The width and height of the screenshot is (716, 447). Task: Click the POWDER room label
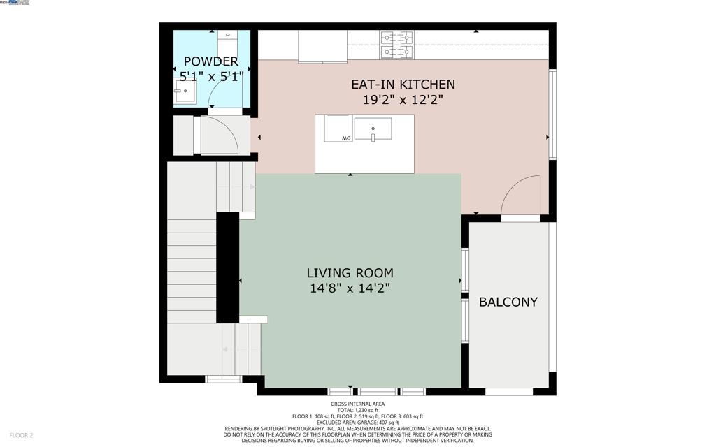pos(210,61)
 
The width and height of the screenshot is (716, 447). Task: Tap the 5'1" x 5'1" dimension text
pos(210,75)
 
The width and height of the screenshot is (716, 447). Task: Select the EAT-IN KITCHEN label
pos(403,85)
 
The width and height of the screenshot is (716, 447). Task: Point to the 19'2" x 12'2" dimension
pos(403,100)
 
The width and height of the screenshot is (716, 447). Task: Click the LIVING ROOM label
pos(350,273)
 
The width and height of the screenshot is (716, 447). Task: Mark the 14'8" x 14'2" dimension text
pos(350,288)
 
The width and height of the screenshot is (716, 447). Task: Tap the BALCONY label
pos(508,302)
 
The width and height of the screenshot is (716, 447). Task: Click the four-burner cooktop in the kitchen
pos(396,44)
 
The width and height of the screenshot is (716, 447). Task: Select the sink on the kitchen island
pos(373,129)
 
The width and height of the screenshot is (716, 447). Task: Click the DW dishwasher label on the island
pos(345,138)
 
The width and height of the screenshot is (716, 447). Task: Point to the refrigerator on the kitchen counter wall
pos(322,46)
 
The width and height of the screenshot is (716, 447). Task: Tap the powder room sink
pos(185,91)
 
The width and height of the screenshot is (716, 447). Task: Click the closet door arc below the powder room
pos(220,135)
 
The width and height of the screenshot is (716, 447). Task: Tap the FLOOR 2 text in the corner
pos(21,435)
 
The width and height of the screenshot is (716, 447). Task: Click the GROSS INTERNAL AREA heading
pos(357,404)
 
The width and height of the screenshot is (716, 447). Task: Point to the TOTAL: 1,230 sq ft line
pos(357,410)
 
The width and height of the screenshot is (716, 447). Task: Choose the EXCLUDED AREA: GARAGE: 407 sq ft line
pos(357,422)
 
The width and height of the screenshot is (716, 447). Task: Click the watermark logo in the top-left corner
pos(15,3)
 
